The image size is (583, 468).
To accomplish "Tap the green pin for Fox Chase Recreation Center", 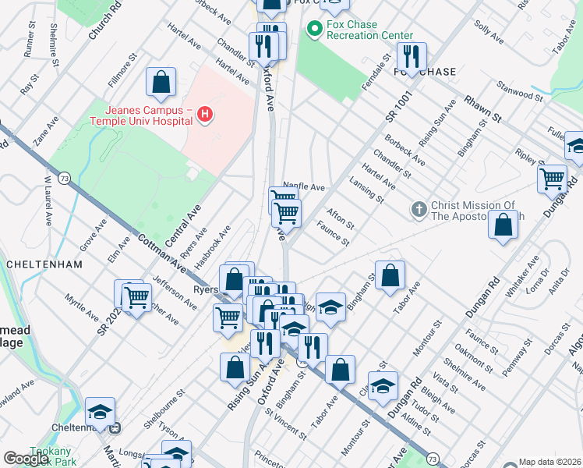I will click(x=315, y=30).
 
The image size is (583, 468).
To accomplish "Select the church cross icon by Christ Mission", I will click(x=419, y=209).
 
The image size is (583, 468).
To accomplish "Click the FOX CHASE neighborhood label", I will click(x=425, y=72).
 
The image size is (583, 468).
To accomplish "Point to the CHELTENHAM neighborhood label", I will click(x=44, y=264).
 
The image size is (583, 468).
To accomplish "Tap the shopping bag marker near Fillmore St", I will click(x=161, y=82).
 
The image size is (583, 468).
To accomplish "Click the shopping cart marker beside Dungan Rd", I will click(x=552, y=179).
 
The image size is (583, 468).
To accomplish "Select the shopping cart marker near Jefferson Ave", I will click(x=137, y=297).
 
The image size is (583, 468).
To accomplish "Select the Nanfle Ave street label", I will click(x=304, y=187).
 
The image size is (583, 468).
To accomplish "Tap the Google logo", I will click(x=26, y=459).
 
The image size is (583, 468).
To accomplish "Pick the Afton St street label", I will click(x=341, y=218).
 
